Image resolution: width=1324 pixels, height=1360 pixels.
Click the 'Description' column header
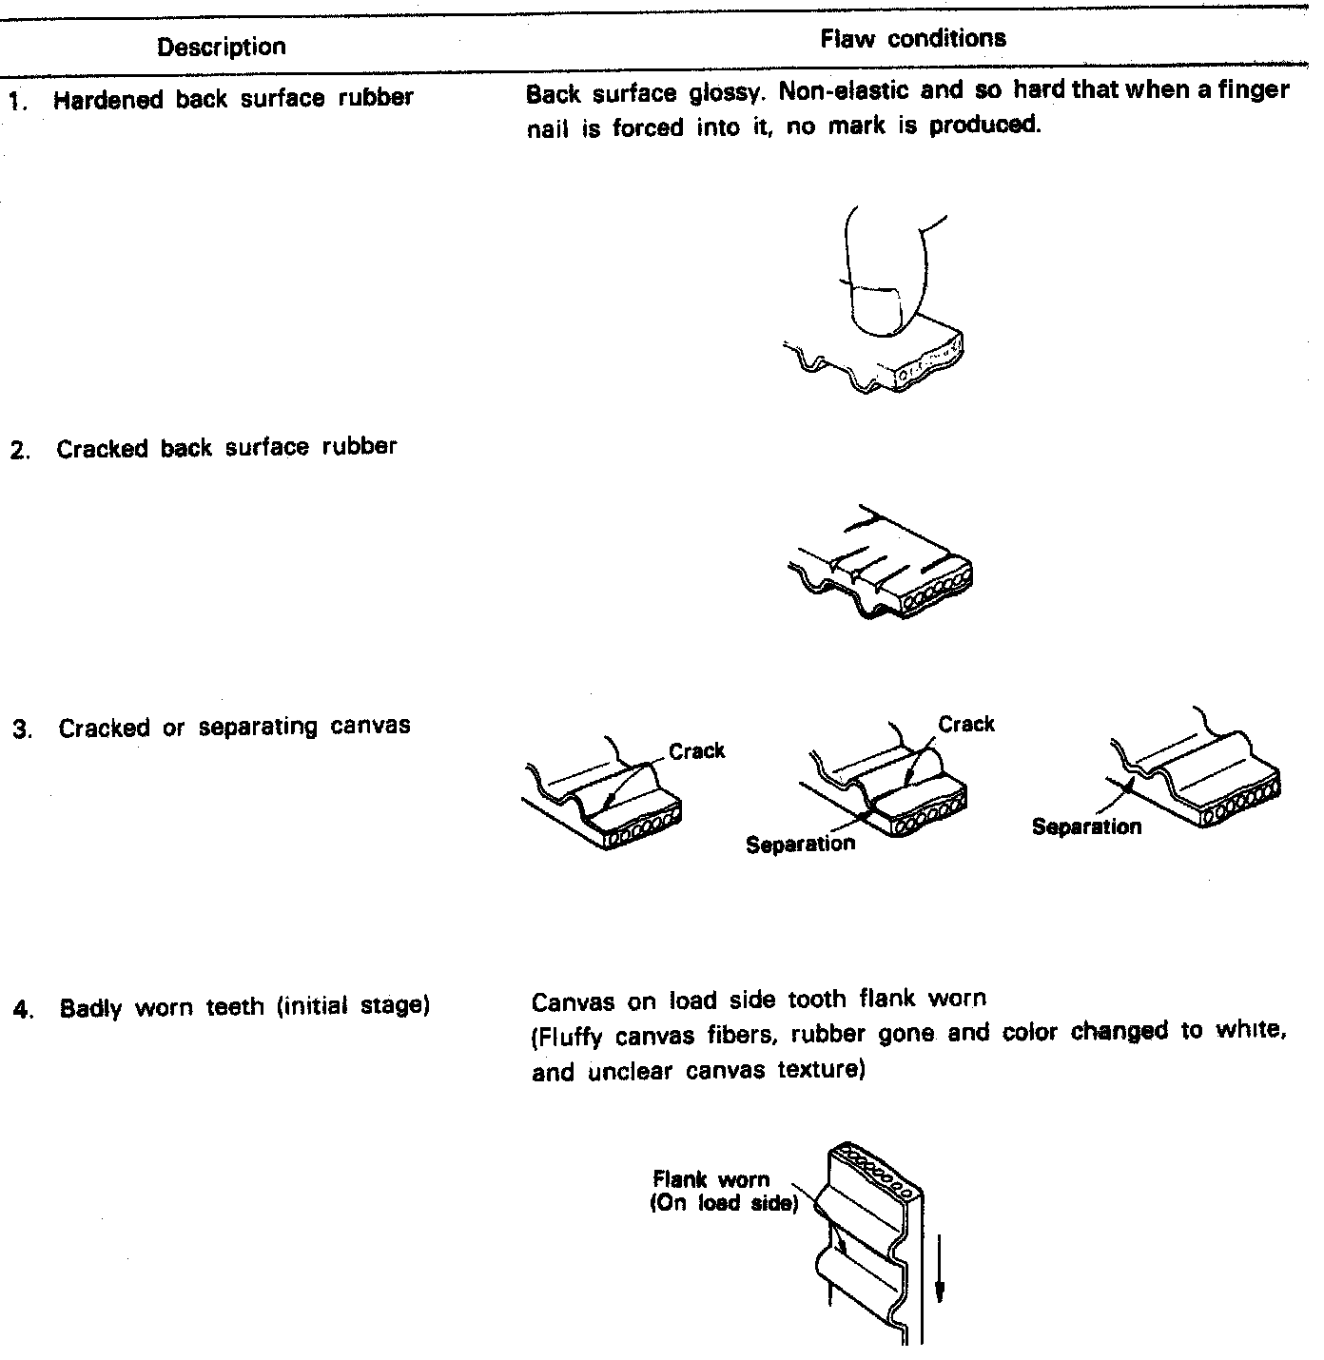[x=221, y=47]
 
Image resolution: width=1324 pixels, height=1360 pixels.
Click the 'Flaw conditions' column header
[x=912, y=39]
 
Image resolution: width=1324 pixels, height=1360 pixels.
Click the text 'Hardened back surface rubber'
[x=233, y=99]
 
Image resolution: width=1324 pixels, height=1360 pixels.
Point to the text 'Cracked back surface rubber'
[x=226, y=448]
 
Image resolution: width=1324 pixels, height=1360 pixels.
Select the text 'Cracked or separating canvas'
[x=234, y=728]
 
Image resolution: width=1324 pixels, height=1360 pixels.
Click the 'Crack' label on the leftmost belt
[x=696, y=751]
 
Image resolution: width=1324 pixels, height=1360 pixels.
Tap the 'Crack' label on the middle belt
[x=965, y=725]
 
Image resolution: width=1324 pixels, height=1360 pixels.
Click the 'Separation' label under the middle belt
[x=800, y=844]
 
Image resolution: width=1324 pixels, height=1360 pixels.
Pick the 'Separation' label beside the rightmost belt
[x=1086, y=826]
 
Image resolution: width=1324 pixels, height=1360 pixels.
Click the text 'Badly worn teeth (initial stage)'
[x=244, y=1006]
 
